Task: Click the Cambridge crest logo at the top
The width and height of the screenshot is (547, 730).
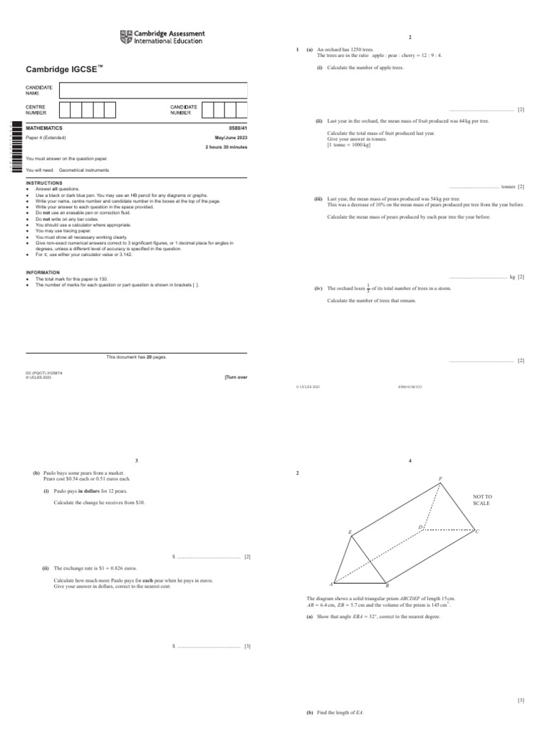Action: (126, 37)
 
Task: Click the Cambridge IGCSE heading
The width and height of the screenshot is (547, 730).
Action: (62, 68)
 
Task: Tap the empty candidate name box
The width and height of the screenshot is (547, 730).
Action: (153, 91)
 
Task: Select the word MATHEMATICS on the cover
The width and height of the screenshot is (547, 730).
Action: (44, 128)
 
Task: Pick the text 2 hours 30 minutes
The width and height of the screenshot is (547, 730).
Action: (226, 147)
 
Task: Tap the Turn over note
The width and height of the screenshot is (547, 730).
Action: (236, 377)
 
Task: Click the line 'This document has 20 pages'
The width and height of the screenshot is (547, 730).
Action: (136, 356)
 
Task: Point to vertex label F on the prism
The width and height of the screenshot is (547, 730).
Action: (440, 479)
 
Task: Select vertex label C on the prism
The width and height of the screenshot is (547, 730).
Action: (477, 531)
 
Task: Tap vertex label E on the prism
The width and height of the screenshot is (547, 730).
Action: (350, 532)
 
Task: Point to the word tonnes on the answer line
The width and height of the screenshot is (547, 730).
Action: (508, 187)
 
